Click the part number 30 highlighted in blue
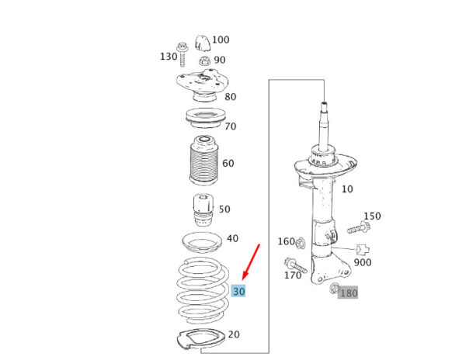click(238, 291)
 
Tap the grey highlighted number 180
click(348, 293)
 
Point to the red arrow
click(251, 261)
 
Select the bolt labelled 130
click(183, 54)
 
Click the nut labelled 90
click(204, 61)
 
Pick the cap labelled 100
click(203, 43)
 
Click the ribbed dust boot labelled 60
click(203, 161)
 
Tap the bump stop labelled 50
click(203, 210)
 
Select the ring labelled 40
click(202, 242)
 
